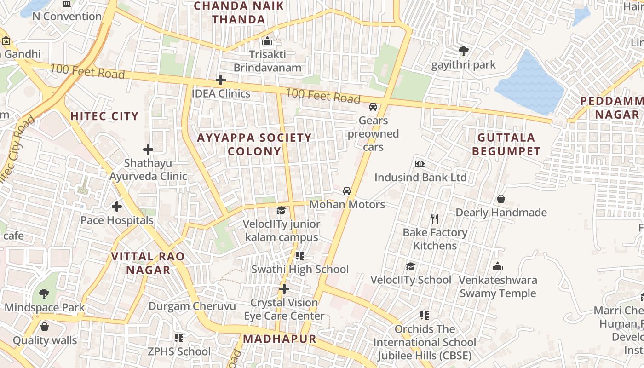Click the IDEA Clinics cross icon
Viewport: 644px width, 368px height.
pyautogui.click(x=221, y=80)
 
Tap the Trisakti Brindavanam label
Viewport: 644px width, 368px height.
pyautogui.click(x=267, y=61)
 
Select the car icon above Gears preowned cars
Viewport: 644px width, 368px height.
pyautogui.click(x=373, y=107)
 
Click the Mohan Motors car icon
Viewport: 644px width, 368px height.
pyautogui.click(x=347, y=191)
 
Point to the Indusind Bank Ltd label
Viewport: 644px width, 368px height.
pyautogui.click(x=420, y=178)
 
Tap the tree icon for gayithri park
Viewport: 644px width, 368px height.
pyautogui.click(x=463, y=51)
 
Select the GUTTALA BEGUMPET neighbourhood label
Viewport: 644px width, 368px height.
pyautogui.click(x=506, y=144)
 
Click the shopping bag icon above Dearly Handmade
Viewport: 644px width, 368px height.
pyautogui.click(x=501, y=199)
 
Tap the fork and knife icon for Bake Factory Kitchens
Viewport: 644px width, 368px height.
pyautogui.click(x=435, y=218)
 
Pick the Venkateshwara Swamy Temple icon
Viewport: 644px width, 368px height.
pyautogui.click(x=498, y=266)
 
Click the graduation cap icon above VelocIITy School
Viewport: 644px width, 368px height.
pyautogui.click(x=410, y=266)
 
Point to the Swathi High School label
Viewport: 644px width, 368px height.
pyautogui.click(x=300, y=269)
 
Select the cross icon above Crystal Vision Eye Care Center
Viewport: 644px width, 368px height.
pyautogui.click(x=284, y=289)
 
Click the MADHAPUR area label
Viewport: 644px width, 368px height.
pyautogui.click(x=280, y=339)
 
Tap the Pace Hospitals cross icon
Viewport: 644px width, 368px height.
pyautogui.click(x=117, y=207)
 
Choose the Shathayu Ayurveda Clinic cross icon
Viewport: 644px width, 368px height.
pyautogui.click(x=148, y=149)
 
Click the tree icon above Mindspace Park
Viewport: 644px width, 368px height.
pyautogui.click(x=44, y=293)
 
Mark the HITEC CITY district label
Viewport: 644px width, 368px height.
pyautogui.click(x=104, y=116)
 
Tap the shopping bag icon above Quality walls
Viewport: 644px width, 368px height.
pyautogui.click(x=45, y=327)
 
